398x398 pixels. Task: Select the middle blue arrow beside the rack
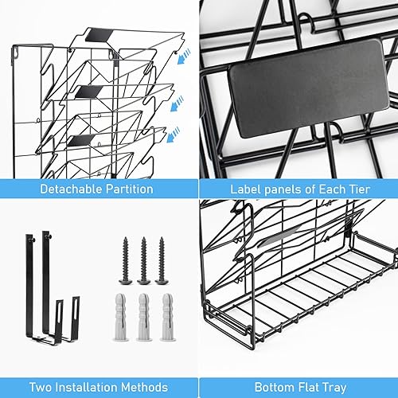tap(176, 103)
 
